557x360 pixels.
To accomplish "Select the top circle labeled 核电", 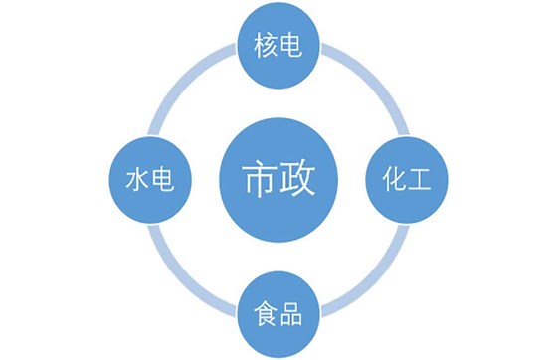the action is [x=278, y=45].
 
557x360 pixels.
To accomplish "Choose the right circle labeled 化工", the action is [x=408, y=181].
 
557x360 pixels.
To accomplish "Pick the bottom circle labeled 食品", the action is [x=278, y=317].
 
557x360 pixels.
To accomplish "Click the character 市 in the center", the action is [x=258, y=180].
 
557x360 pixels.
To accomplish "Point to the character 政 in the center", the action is [x=299, y=180].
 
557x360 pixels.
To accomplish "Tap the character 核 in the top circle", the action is [x=266, y=45].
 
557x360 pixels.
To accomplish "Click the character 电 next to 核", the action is [x=292, y=45].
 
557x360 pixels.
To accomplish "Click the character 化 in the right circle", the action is [x=395, y=181].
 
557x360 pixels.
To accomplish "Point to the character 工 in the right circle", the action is [x=422, y=181].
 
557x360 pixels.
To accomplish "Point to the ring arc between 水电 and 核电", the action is [x=188, y=88].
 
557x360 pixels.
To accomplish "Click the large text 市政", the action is [x=278, y=180].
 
